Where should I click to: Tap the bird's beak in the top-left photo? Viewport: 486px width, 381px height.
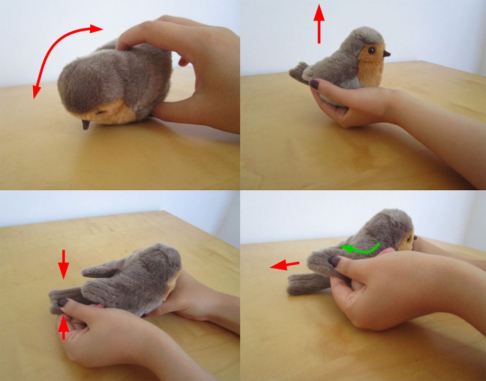click(x=86, y=125)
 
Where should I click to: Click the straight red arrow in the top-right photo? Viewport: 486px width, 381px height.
click(x=319, y=24)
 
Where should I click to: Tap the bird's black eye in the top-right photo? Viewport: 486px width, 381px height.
click(x=371, y=49)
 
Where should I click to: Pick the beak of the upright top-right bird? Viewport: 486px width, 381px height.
click(x=386, y=54)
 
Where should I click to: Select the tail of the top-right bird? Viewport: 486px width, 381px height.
click(x=298, y=72)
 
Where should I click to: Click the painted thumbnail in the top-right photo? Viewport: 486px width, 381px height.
click(x=315, y=84)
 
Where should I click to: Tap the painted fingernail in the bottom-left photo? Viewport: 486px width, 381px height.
click(x=63, y=303)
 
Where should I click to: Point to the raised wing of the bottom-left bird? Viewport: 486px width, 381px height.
click(x=101, y=270)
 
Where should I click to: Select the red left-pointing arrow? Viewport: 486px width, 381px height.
click(x=285, y=265)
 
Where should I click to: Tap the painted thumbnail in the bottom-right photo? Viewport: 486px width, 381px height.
click(x=336, y=261)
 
